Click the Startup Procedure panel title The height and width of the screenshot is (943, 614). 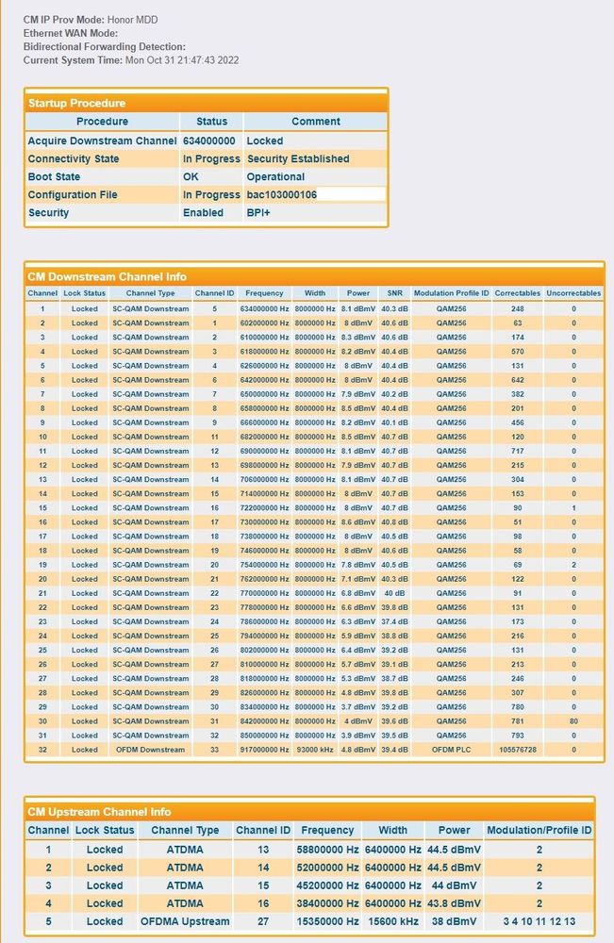pyautogui.click(x=76, y=103)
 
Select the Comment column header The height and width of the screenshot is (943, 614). pyautogui.click(x=315, y=122)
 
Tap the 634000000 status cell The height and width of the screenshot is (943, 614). pyautogui.click(x=209, y=141)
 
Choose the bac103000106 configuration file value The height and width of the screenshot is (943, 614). pyautogui.click(x=281, y=195)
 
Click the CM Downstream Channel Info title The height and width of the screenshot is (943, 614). pyautogui.click(x=107, y=277)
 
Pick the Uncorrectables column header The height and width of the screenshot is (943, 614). pyautogui.click(x=573, y=293)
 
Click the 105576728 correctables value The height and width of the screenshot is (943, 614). pyautogui.click(x=517, y=750)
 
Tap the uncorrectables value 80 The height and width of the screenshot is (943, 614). pyautogui.click(x=573, y=721)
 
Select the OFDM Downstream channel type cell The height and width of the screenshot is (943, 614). pyautogui.click(x=150, y=750)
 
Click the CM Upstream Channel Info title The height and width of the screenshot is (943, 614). pyautogui.click(x=99, y=812)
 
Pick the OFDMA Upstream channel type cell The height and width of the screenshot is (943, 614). pyautogui.click(x=185, y=921)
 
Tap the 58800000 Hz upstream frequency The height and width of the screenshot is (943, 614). pyautogui.click(x=328, y=849)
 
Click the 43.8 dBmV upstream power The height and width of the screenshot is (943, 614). pyautogui.click(x=454, y=903)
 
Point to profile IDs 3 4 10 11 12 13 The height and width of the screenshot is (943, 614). pyautogui.click(x=539, y=921)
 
